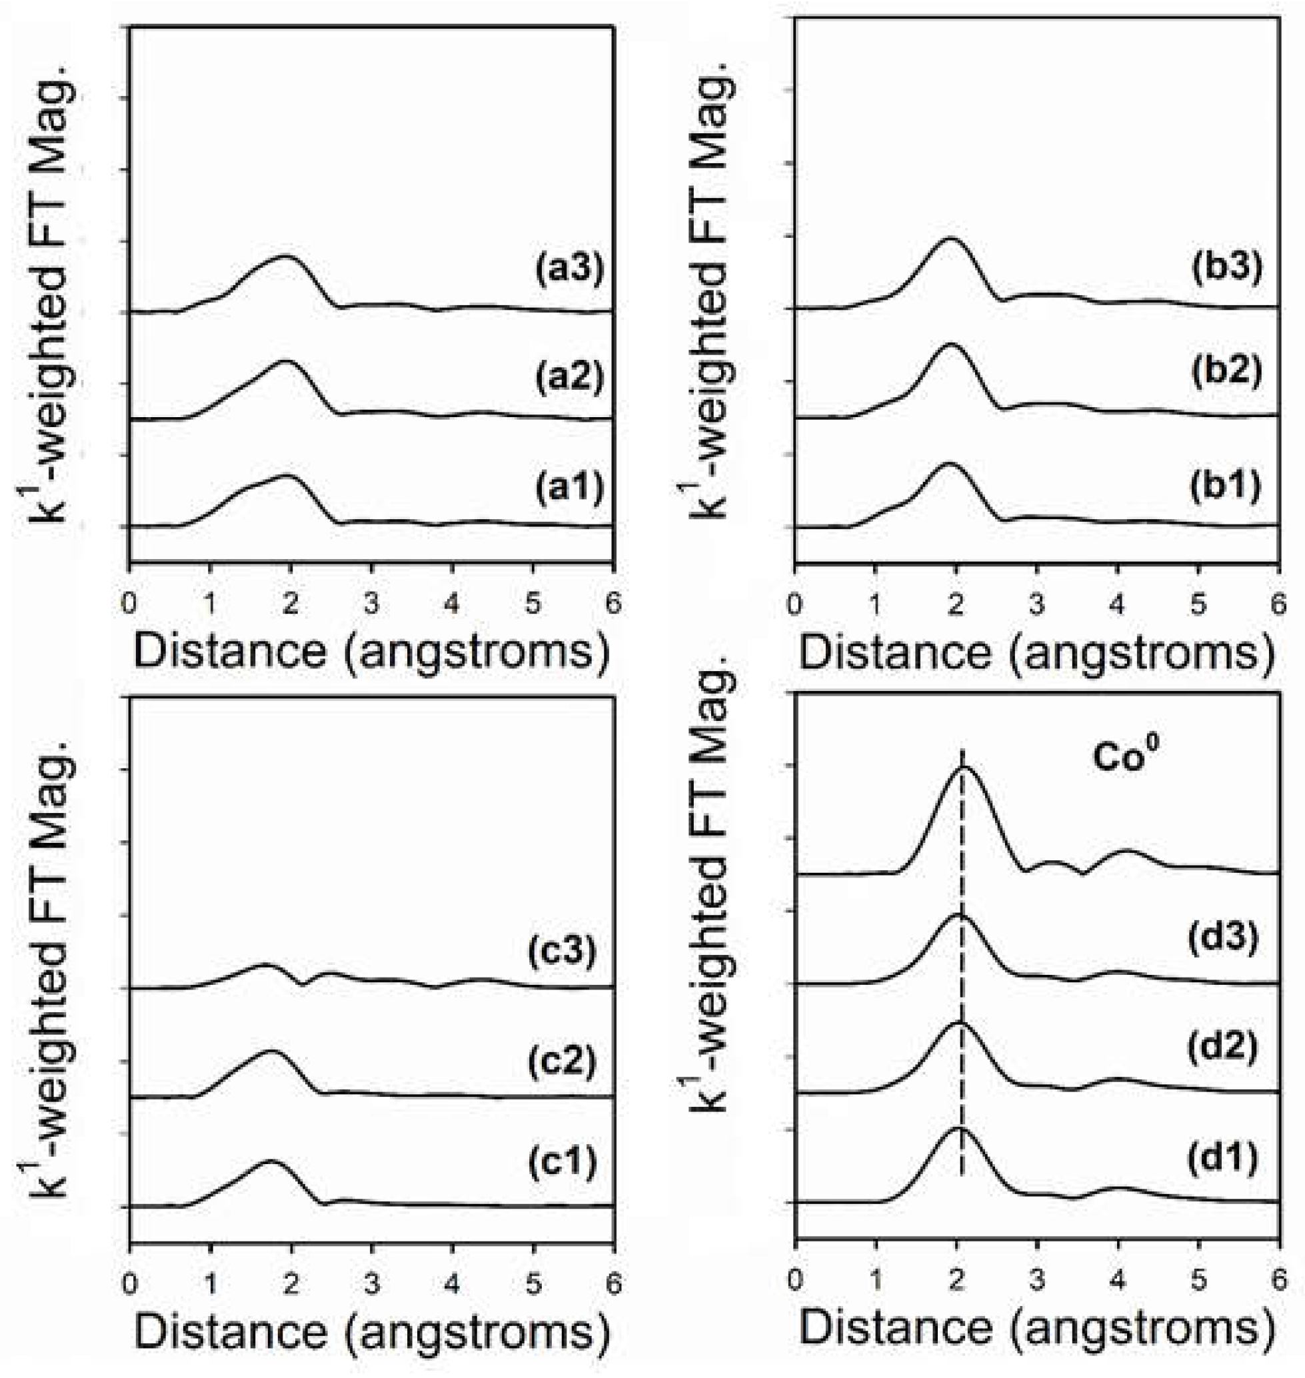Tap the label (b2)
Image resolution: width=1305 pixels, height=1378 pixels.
[x=1226, y=372]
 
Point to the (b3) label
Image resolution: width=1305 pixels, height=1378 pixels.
[x=1226, y=269]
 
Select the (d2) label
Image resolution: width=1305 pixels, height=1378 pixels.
[x=1223, y=1049]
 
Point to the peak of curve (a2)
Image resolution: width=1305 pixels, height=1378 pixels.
[x=285, y=361]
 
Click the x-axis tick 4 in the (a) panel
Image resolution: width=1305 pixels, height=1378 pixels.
[x=452, y=603]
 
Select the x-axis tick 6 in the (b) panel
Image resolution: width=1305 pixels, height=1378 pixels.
[x=1278, y=603]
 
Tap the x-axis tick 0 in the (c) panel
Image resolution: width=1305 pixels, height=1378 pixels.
[x=129, y=1283]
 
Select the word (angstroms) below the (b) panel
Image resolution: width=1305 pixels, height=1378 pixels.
[x=1142, y=652]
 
